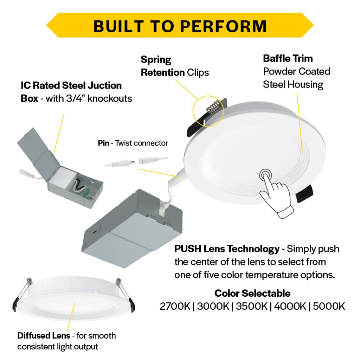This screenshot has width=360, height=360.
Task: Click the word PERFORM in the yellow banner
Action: (223, 26)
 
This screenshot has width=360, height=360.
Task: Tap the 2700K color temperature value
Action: (175, 306)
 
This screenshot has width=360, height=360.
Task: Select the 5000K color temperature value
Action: (329, 306)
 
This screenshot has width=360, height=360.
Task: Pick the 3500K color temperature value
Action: (251, 306)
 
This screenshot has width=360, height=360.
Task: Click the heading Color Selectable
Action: (252, 293)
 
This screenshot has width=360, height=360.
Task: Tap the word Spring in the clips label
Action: (156, 60)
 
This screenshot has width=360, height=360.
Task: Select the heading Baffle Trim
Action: (288, 58)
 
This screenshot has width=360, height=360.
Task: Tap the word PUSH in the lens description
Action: (188, 249)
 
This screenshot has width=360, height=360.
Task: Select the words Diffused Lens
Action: (44, 335)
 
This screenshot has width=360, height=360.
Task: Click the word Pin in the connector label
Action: (104, 143)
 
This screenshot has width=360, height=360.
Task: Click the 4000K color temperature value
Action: (290, 306)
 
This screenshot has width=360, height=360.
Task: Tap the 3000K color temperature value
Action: (213, 306)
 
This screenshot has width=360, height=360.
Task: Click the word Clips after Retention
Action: (198, 72)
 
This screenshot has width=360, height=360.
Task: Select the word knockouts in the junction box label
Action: (110, 98)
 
